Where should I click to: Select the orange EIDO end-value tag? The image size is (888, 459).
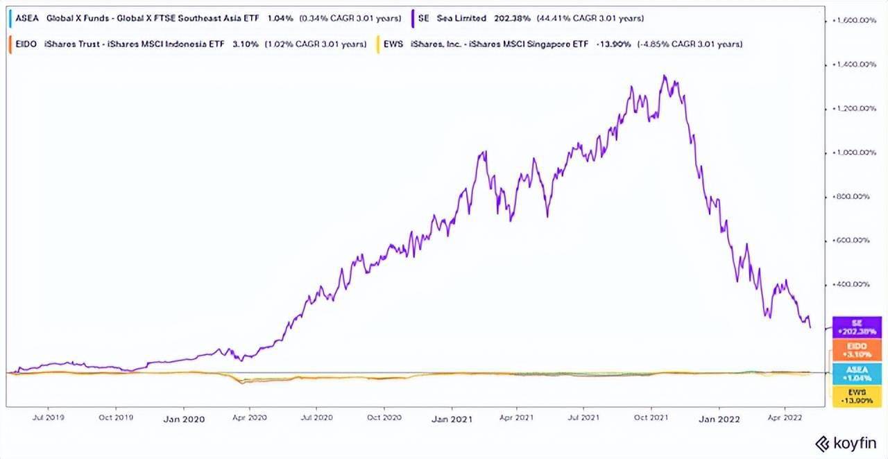point(857,350)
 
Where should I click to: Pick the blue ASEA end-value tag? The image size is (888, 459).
point(857,374)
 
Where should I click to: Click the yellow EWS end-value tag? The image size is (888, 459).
point(857,397)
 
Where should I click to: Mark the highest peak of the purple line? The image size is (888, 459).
point(665,76)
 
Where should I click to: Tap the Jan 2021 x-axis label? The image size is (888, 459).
point(451,419)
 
